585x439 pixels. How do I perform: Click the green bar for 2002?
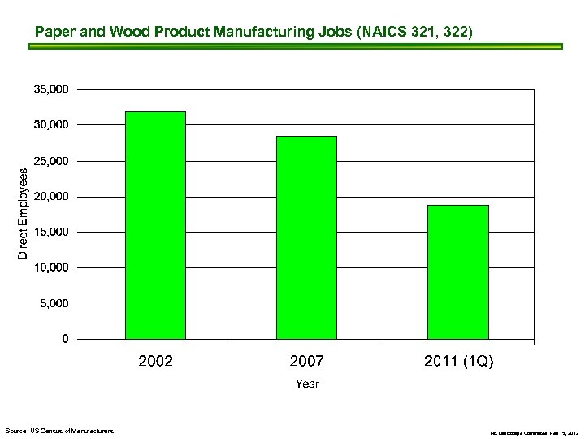155,225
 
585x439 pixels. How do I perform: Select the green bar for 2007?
306,237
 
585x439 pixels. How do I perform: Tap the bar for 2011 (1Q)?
458,272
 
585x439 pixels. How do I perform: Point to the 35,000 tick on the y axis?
50,89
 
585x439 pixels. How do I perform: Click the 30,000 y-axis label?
50,124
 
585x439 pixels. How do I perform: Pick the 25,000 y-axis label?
50,161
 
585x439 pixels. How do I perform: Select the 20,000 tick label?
50,197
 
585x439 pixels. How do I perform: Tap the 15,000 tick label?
50,233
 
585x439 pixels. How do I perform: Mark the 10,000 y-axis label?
50,267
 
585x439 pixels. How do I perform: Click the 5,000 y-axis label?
54,303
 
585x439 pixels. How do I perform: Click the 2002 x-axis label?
155,361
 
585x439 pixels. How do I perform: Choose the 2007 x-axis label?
306,361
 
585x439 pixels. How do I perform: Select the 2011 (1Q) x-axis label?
458,361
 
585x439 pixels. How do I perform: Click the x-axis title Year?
307,384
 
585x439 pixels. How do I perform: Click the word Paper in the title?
54,32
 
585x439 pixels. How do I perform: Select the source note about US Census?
59,430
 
